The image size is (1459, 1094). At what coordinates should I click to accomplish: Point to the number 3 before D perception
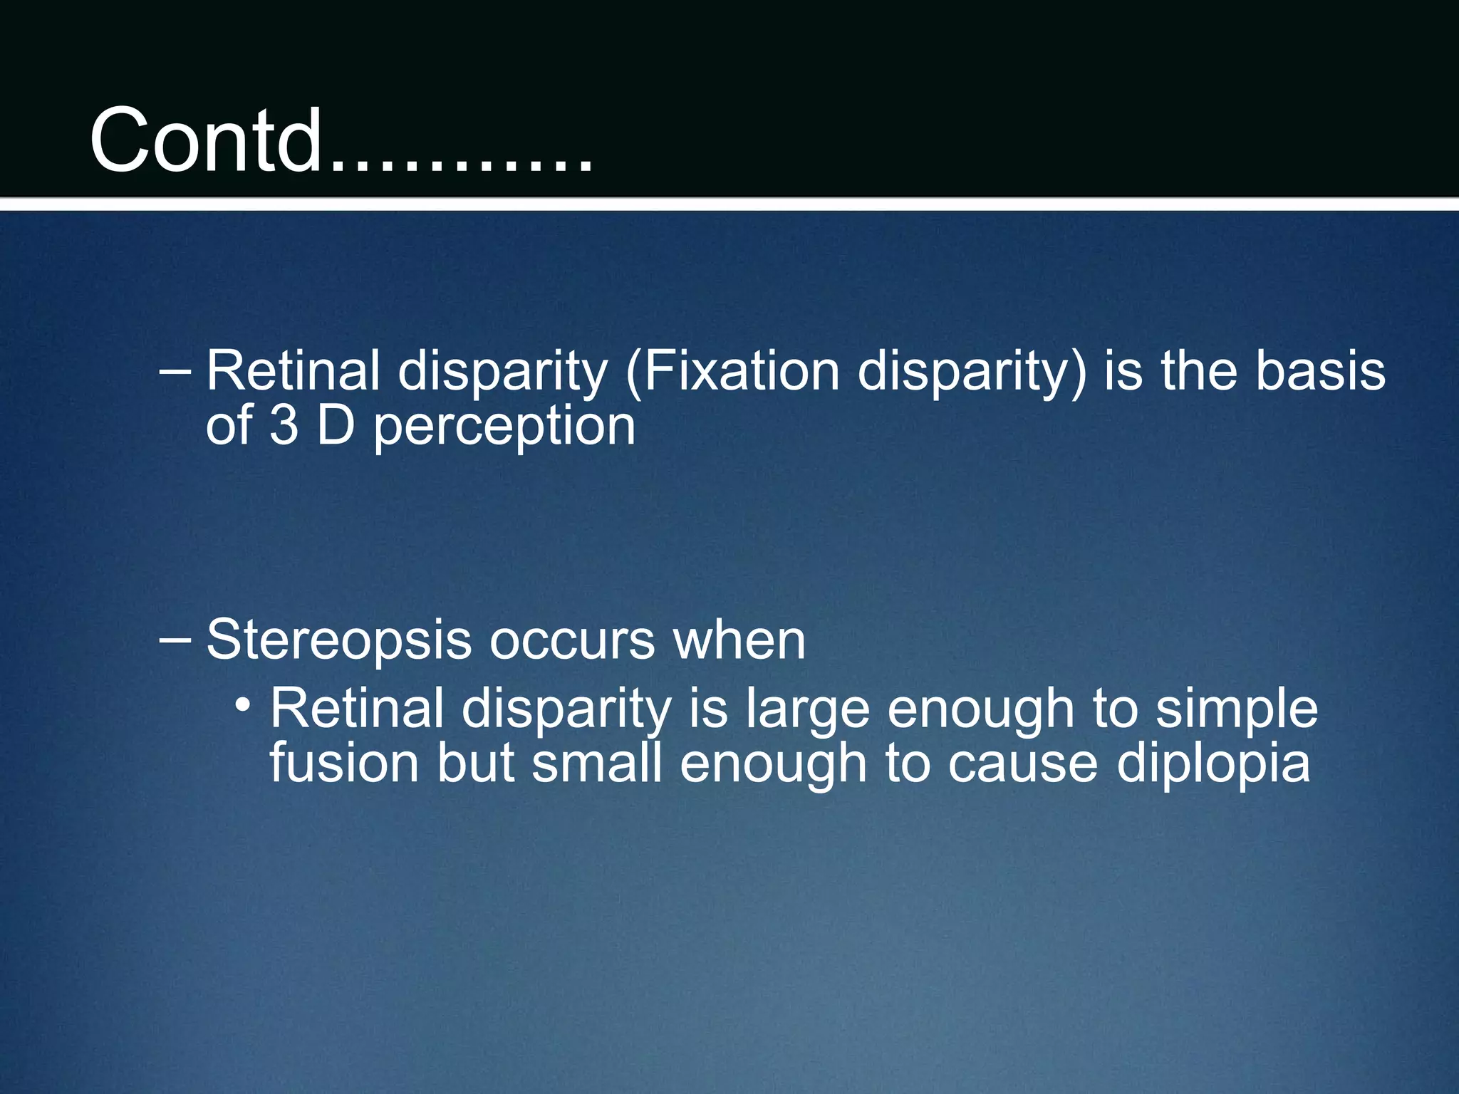[284, 426]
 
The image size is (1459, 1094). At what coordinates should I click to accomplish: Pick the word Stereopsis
[339, 640]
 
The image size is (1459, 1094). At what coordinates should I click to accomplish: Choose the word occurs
[572, 640]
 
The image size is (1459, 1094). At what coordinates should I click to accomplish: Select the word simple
[1237, 709]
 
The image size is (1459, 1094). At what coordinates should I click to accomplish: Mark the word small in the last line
[596, 763]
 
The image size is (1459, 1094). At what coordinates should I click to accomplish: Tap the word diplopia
[1213, 763]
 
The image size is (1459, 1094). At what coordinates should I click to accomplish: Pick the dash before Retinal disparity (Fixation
[175, 370]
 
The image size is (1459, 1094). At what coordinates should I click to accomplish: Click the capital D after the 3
[336, 426]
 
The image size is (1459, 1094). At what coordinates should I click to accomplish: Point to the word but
[475, 763]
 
